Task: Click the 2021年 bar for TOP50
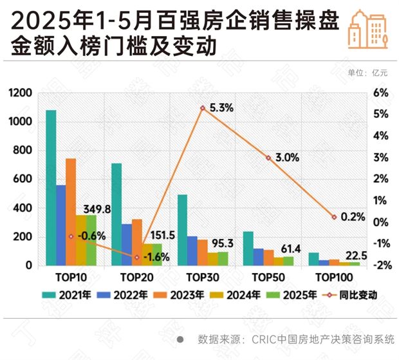248,249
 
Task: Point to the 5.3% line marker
202,108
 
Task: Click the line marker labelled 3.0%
268,157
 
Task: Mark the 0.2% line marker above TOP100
335,218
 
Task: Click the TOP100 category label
335,278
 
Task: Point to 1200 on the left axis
20,94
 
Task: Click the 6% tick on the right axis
380,94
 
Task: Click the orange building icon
369,30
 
